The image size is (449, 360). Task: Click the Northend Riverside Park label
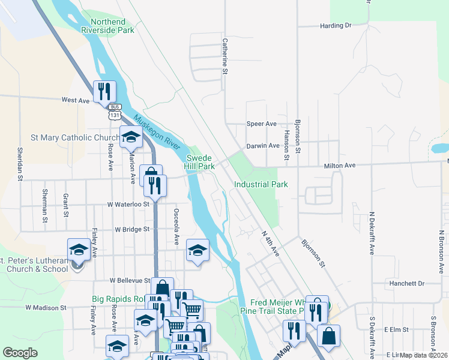(112, 25)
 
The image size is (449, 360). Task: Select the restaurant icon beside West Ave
(104, 91)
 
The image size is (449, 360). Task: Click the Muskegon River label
(157, 133)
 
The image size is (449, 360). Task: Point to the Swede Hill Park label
(199, 161)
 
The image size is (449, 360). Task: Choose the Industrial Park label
(261, 185)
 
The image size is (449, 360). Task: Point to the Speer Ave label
(262, 124)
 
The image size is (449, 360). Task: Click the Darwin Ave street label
(262, 146)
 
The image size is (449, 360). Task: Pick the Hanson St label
(287, 145)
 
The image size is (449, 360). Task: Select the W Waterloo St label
(128, 205)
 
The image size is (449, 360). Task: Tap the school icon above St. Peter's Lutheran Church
(79, 250)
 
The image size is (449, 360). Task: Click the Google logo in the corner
(20, 353)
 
